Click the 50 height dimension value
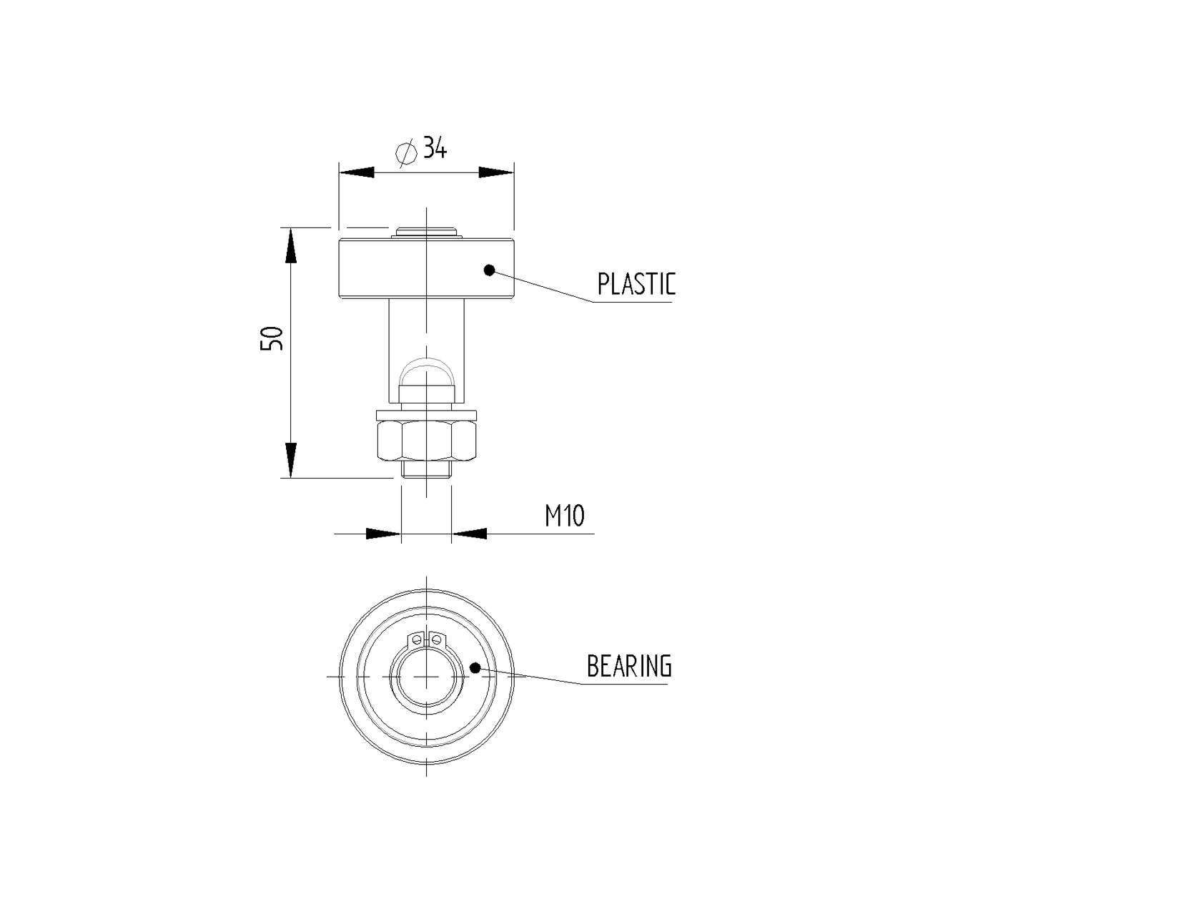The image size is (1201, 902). point(272,338)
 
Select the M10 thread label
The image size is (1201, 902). point(565,515)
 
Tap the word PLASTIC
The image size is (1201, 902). point(636,284)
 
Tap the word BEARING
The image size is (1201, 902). point(629,666)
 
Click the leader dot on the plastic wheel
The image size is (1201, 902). point(489,270)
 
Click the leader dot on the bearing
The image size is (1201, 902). point(475,667)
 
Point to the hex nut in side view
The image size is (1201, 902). point(426,441)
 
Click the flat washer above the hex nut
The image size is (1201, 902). point(426,415)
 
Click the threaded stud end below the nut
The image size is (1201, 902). point(426,470)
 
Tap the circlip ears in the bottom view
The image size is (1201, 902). point(426,637)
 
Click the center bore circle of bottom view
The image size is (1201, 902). point(426,676)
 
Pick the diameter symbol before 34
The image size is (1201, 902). point(406,152)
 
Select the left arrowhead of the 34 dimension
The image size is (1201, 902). point(357,172)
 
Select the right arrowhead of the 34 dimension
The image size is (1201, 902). point(496,172)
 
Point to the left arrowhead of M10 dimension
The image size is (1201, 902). point(382,534)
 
